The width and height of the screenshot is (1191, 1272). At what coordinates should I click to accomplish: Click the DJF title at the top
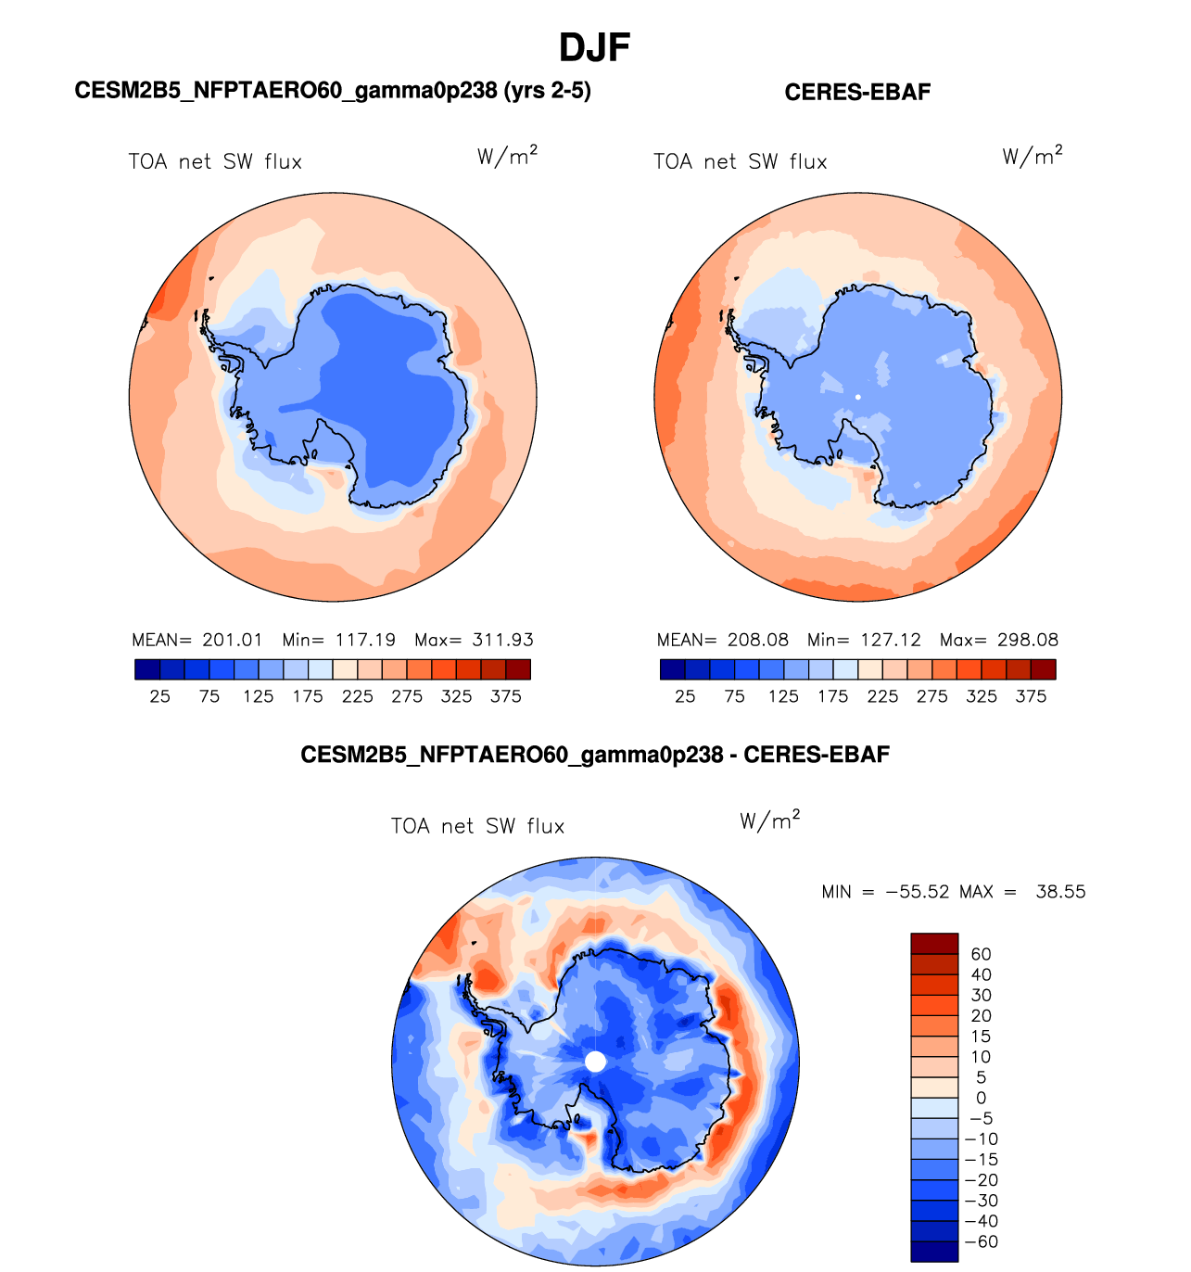click(595, 47)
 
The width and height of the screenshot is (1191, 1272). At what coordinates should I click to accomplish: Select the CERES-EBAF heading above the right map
click(857, 92)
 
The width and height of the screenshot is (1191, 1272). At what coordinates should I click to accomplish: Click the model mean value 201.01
click(233, 640)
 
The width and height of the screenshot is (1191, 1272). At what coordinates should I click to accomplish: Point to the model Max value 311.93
click(503, 640)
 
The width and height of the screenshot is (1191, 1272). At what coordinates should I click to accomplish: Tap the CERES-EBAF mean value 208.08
click(758, 640)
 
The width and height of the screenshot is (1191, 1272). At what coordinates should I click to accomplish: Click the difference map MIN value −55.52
click(918, 892)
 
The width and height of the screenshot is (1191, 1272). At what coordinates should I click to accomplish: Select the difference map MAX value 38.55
click(1060, 892)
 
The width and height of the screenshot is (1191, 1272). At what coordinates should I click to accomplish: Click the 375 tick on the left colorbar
click(506, 696)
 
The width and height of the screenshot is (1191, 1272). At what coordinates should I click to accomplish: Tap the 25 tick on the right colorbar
click(685, 696)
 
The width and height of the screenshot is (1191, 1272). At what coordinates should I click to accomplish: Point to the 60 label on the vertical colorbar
click(981, 954)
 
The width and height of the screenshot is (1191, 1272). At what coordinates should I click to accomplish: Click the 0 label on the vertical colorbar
click(982, 1098)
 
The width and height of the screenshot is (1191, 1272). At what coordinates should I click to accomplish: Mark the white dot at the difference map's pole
click(596, 1062)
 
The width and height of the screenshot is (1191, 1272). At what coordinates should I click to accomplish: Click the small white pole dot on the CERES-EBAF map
click(858, 397)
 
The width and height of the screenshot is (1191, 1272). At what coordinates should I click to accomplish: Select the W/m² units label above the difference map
click(769, 820)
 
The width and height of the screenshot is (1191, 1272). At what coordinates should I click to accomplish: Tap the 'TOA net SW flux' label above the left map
click(215, 162)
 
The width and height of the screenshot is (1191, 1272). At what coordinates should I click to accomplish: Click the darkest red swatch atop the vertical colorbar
click(934, 944)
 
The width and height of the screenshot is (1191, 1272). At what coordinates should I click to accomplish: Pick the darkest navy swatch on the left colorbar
click(147, 669)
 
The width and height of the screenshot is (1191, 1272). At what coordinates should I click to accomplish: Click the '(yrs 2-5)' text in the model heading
click(548, 90)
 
